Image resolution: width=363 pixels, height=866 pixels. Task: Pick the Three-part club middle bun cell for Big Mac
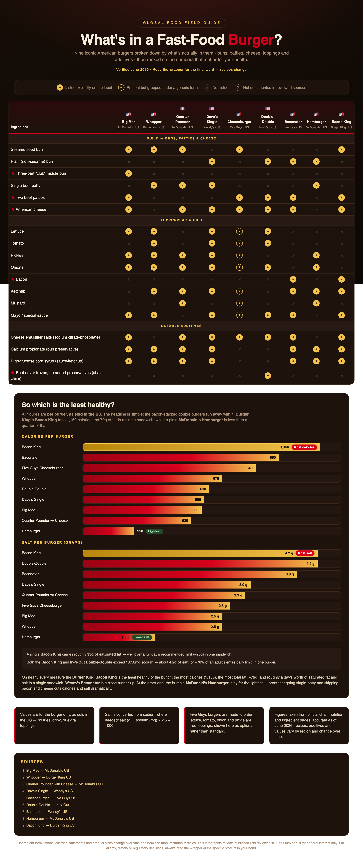coord(129,173)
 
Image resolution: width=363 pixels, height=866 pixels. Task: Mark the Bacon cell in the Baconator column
coord(293,279)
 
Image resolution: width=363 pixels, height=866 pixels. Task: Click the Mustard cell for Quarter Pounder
coord(182,303)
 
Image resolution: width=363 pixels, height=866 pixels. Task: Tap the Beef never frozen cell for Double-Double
coord(268,375)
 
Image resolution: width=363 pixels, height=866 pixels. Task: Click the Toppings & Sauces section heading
coord(181,220)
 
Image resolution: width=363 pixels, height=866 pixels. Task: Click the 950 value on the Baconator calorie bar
coord(273,458)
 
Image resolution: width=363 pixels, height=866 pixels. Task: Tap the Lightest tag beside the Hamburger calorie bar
coord(154,531)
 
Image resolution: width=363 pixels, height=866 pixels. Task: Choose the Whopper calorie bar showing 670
coord(152,478)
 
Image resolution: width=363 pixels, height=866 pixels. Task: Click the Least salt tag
coord(142,637)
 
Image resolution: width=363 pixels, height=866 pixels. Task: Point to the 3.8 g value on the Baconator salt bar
coord(290,574)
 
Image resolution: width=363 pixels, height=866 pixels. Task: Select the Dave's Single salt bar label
coord(33,585)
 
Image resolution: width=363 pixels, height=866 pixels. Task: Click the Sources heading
coord(32,762)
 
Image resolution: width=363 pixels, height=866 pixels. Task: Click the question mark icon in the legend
coord(238,87)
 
